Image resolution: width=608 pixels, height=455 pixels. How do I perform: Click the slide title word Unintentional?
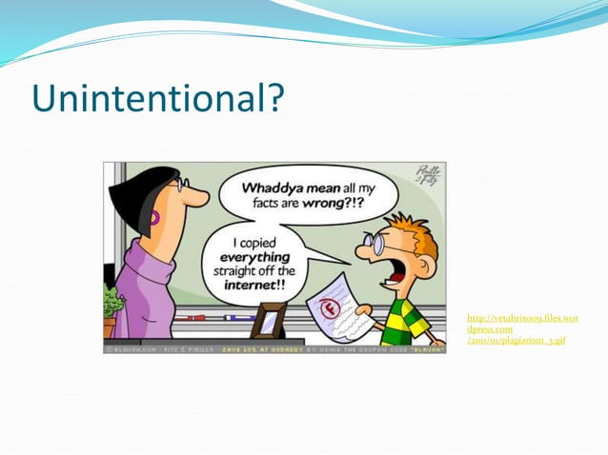[x=157, y=98]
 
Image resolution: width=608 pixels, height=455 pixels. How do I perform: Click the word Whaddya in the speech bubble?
[x=271, y=188]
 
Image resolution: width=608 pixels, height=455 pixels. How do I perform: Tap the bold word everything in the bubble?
[x=253, y=256]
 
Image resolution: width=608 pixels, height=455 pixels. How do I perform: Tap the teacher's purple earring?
[x=154, y=218]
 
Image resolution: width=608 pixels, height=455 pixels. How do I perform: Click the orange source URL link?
[x=522, y=328]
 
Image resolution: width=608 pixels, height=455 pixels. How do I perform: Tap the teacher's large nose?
[x=198, y=196]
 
